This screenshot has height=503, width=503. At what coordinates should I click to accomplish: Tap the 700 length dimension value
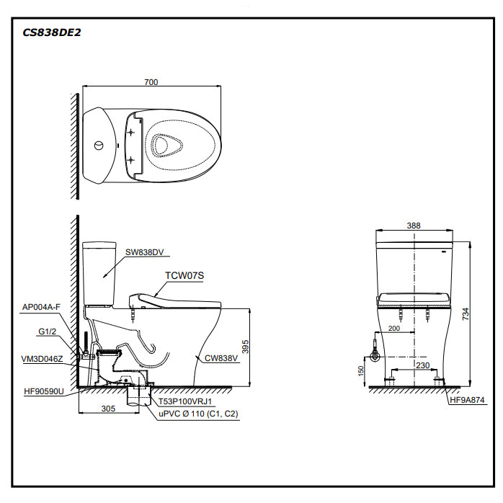[x=151, y=82]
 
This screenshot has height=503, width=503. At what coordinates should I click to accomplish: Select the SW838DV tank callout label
[x=145, y=252]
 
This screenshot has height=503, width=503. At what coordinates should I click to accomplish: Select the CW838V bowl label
[x=221, y=356]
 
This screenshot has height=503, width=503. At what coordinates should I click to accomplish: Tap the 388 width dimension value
[x=413, y=226]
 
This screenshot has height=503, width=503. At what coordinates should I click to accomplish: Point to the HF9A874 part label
[x=468, y=400]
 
